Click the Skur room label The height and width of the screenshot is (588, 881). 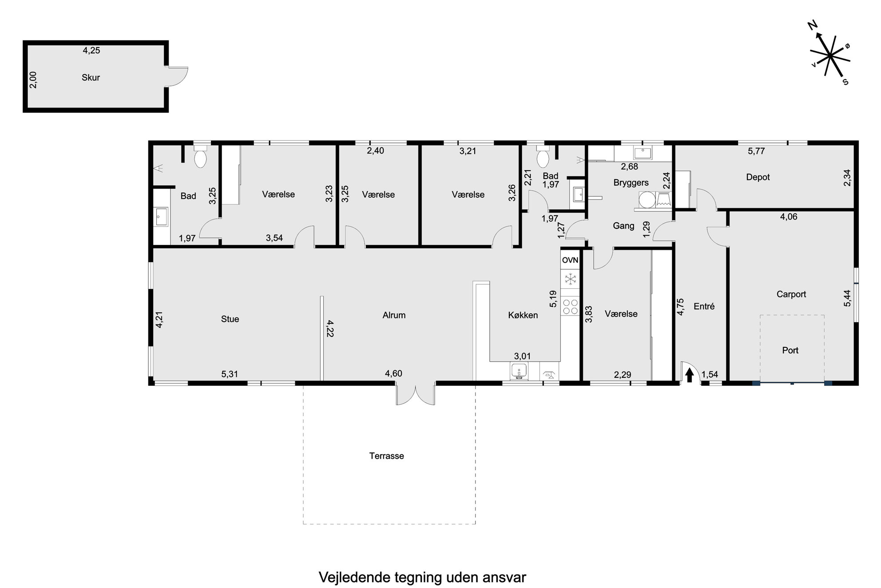pos(91,77)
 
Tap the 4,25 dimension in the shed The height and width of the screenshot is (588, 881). pos(91,50)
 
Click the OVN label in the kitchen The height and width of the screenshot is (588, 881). pos(570,260)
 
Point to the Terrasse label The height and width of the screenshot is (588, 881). pos(386,456)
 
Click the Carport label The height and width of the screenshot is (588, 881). pos(791,294)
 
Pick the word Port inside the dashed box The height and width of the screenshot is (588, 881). pos(790,350)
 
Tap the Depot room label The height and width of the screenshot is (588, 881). pos(758,177)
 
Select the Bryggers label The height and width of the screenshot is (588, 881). pos(631,183)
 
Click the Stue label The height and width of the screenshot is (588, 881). pos(230,319)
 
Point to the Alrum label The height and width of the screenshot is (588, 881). pos(394,315)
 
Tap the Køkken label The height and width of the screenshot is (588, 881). pos(523,315)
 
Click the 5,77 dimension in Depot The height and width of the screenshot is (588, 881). pos(756,151)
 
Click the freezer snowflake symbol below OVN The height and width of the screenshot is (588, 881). pos(570,279)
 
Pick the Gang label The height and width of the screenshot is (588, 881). pos(623,226)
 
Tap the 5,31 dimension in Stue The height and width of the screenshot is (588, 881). pos(230,374)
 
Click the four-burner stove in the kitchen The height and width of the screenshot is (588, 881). pos(570,306)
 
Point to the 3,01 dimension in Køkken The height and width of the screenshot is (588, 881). pos(522,356)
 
